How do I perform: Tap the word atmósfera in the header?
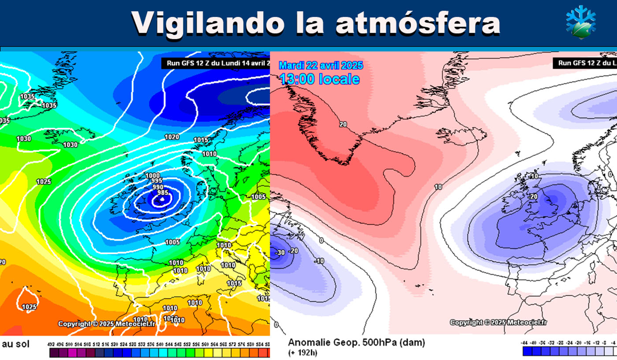[x=417, y=22]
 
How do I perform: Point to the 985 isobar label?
[x=163, y=193]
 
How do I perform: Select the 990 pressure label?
[x=158, y=187]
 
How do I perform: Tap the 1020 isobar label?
[x=172, y=137]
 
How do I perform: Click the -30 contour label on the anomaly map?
[x=279, y=253]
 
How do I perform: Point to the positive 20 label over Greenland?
[x=343, y=125]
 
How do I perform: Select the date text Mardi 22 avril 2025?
[x=321, y=66]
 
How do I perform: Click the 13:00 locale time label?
[x=319, y=79]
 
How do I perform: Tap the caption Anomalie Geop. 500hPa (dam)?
[x=356, y=343]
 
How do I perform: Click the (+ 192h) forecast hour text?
[x=303, y=353]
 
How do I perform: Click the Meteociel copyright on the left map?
[x=107, y=324]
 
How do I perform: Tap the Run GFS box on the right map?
[x=585, y=63]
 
